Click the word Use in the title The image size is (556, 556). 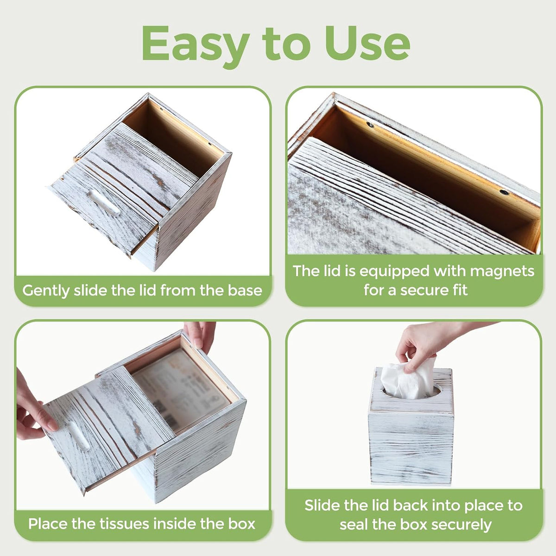pyautogui.click(x=367, y=43)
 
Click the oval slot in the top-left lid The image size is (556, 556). pyautogui.click(x=104, y=203)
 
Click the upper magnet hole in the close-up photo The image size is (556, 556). pyautogui.click(x=370, y=125)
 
